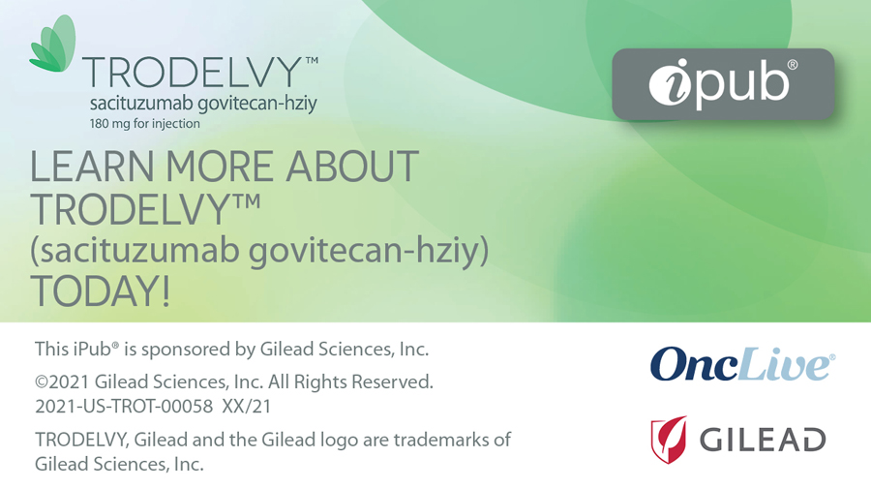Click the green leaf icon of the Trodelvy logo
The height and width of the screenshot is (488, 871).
click(53, 45)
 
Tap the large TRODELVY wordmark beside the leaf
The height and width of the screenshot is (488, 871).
click(195, 73)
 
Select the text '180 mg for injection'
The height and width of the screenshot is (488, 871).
click(145, 123)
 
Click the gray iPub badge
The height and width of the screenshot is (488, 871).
click(723, 84)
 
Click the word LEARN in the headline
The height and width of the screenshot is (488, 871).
click(92, 167)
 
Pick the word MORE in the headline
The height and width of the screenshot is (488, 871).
click(220, 167)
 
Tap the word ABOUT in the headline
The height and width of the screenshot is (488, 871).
click(352, 167)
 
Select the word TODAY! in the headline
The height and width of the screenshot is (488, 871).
click(100, 290)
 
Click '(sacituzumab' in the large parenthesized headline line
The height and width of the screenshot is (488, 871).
click(135, 251)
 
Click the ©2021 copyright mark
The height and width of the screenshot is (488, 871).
click(62, 382)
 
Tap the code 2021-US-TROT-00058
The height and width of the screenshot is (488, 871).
click(124, 407)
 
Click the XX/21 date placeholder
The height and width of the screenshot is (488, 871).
click(247, 407)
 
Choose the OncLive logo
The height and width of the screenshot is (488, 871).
click(742, 364)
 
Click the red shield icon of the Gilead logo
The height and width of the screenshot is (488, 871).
click(669, 440)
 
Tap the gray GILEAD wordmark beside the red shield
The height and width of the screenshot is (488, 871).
click(763, 441)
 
